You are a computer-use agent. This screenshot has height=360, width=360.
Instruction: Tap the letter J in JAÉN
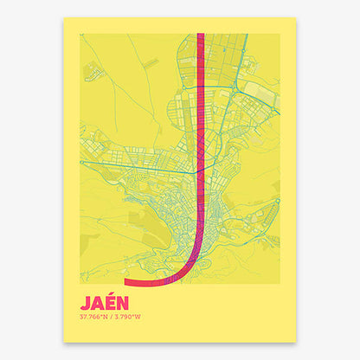(84, 303)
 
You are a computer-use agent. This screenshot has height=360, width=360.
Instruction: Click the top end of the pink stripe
(201, 35)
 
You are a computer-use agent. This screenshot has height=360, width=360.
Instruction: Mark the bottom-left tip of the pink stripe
(127, 281)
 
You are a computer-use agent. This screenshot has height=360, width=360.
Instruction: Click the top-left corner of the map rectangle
(80, 34)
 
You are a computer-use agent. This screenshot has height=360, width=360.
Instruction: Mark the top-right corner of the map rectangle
(280, 34)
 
